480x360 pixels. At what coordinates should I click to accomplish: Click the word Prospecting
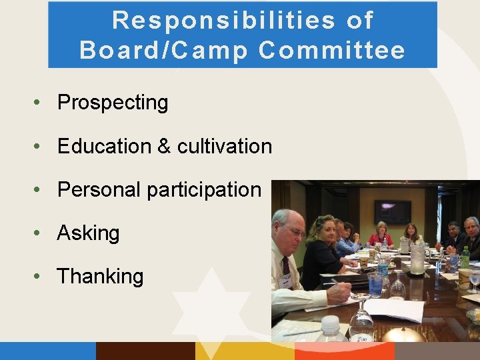click(113, 103)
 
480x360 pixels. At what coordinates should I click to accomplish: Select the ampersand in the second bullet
click(164, 146)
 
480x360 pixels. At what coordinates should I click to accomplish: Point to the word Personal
click(99, 190)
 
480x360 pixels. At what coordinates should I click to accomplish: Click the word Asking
click(88, 233)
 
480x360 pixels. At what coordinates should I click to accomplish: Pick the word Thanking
click(100, 276)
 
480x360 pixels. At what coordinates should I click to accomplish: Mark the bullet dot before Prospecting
click(41, 103)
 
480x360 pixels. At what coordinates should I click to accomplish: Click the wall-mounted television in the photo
click(392, 211)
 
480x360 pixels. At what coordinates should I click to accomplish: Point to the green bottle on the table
click(465, 257)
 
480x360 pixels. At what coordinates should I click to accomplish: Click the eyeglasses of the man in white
click(294, 231)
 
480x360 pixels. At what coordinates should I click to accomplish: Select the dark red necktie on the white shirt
click(286, 267)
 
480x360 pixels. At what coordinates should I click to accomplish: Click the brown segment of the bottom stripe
click(145, 351)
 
